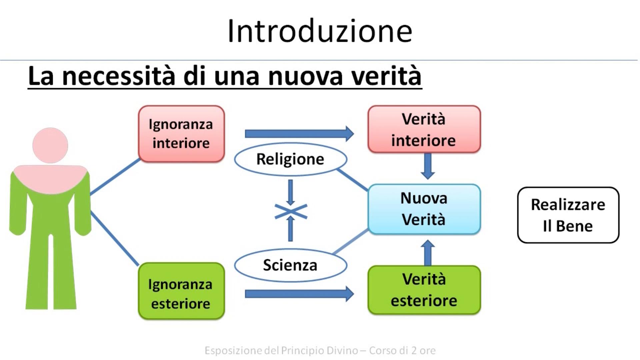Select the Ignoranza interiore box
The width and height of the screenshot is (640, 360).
pos(181,134)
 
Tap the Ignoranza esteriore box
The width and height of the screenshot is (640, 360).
pos(181,291)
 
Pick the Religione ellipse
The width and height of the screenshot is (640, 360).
pos(290,159)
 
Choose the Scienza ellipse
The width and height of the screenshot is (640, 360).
pos(290,265)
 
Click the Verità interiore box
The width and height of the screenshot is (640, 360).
pos(424,129)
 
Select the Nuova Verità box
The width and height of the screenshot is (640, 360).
pos(424,209)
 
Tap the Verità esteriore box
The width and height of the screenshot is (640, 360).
pos(424,290)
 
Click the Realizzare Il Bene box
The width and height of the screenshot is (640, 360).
pos(568,215)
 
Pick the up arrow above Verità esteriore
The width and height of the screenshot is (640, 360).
pos(428,253)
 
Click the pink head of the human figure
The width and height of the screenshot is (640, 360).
pos(50,145)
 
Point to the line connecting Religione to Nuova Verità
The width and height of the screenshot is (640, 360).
pos(353,180)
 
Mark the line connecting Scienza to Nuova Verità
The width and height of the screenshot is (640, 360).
pos(351,242)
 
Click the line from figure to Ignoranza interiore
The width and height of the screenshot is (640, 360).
pos(115,177)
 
